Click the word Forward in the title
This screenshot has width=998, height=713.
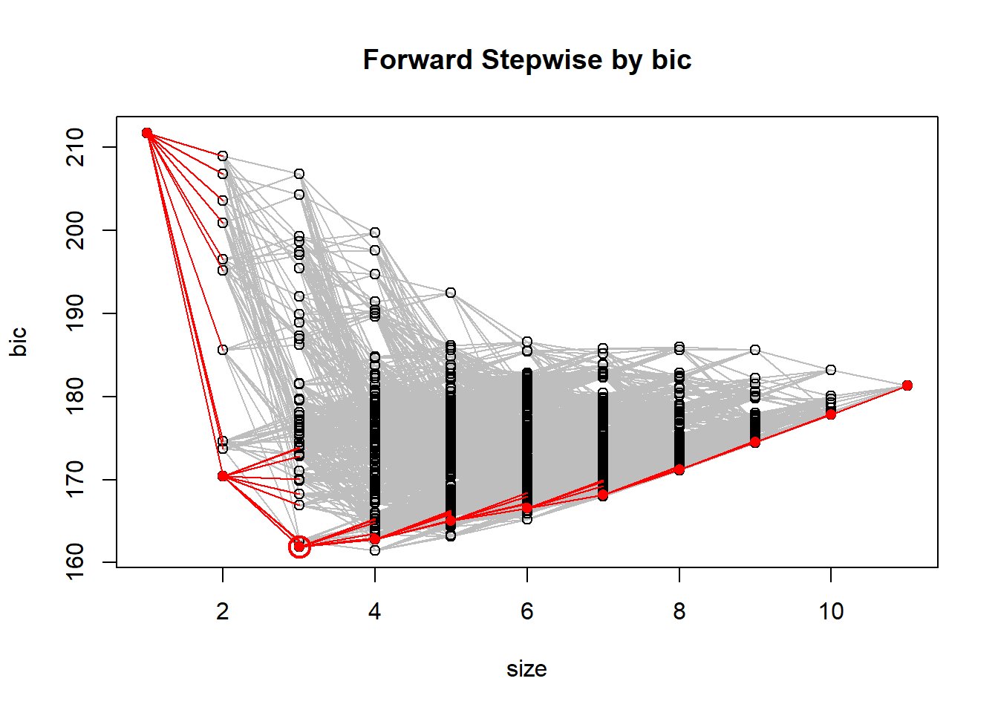point(418,60)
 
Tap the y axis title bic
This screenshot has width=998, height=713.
point(19,342)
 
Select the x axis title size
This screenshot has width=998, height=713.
point(526,669)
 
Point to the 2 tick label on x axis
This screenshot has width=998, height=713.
point(223,611)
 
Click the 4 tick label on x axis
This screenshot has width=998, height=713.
point(375,611)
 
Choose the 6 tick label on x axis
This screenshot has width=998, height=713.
point(527,611)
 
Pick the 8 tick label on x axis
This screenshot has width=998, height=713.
point(679,611)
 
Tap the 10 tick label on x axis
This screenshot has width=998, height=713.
point(831,611)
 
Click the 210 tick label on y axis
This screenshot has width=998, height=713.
point(76,147)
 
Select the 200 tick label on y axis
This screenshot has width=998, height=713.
point(76,230)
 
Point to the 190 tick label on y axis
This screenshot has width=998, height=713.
point(76,313)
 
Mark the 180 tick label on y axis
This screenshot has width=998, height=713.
point(76,397)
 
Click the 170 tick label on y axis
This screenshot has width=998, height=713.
point(76,480)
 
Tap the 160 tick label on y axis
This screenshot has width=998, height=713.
point(76,562)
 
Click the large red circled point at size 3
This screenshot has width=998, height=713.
point(299,547)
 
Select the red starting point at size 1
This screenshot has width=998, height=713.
point(147,133)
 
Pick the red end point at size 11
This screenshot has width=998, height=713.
point(907,385)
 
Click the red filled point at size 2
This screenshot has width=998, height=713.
point(223,476)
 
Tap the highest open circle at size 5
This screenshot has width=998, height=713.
point(451,293)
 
